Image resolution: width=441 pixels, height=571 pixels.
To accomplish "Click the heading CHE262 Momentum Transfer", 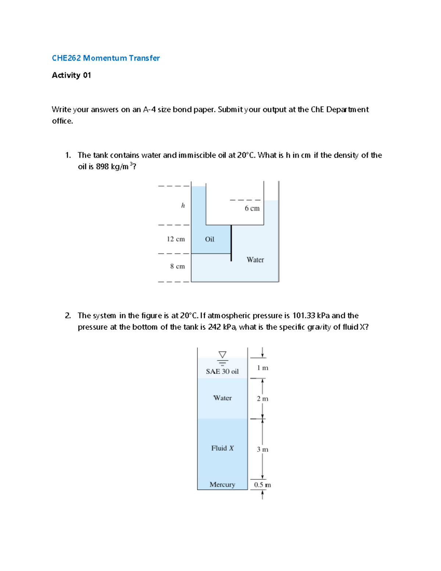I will click(x=106, y=58).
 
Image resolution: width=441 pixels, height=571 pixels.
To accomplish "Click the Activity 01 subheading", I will click(x=71, y=75).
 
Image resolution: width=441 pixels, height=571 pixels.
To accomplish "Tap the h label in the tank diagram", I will click(x=183, y=206).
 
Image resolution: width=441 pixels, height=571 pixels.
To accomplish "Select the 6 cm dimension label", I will click(x=252, y=208).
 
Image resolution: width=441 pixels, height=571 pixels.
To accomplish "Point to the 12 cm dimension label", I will click(x=176, y=239).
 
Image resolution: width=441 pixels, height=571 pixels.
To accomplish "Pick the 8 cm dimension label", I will click(x=177, y=266).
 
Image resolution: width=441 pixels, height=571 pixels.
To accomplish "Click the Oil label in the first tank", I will click(x=209, y=239).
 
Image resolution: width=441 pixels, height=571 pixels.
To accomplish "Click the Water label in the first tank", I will click(x=255, y=260).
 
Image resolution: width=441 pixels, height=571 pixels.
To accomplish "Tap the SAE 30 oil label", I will click(x=222, y=371).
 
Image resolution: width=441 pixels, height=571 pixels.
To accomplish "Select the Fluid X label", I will click(x=222, y=448).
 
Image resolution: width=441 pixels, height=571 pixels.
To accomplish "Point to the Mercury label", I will click(x=222, y=485).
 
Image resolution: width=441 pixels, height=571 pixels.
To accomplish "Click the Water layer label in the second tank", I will click(x=222, y=398).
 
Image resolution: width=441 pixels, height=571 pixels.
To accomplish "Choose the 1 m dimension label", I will click(x=262, y=368).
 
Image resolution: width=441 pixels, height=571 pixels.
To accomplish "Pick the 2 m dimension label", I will click(x=262, y=399).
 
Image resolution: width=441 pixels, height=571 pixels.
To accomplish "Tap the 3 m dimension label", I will click(x=262, y=449).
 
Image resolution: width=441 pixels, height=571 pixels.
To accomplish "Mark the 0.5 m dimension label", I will click(x=262, y=485).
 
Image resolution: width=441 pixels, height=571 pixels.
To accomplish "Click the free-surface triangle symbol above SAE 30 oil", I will click(x=222, y=355).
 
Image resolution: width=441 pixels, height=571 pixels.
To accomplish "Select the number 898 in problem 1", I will click(x=102, y=167).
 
